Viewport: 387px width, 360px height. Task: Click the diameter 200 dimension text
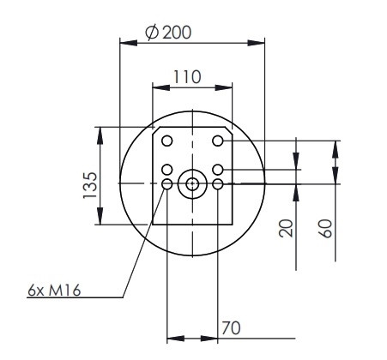[x=168, y=32]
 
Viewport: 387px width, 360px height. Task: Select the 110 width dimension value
[x=187, y=76]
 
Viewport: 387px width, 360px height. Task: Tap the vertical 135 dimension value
[x=90, y=185]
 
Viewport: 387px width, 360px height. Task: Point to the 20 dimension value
[x=286, y=228]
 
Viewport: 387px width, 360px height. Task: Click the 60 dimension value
[x=325, y=228]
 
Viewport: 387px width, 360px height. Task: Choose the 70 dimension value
[x=231, y=328]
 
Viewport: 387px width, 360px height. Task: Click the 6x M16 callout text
[x=54, y=291]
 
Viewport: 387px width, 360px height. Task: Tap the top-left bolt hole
[x=167, y=141]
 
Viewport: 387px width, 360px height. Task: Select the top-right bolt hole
[x=218, y=141]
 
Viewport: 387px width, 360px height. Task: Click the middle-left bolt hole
[x=167, y=170]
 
